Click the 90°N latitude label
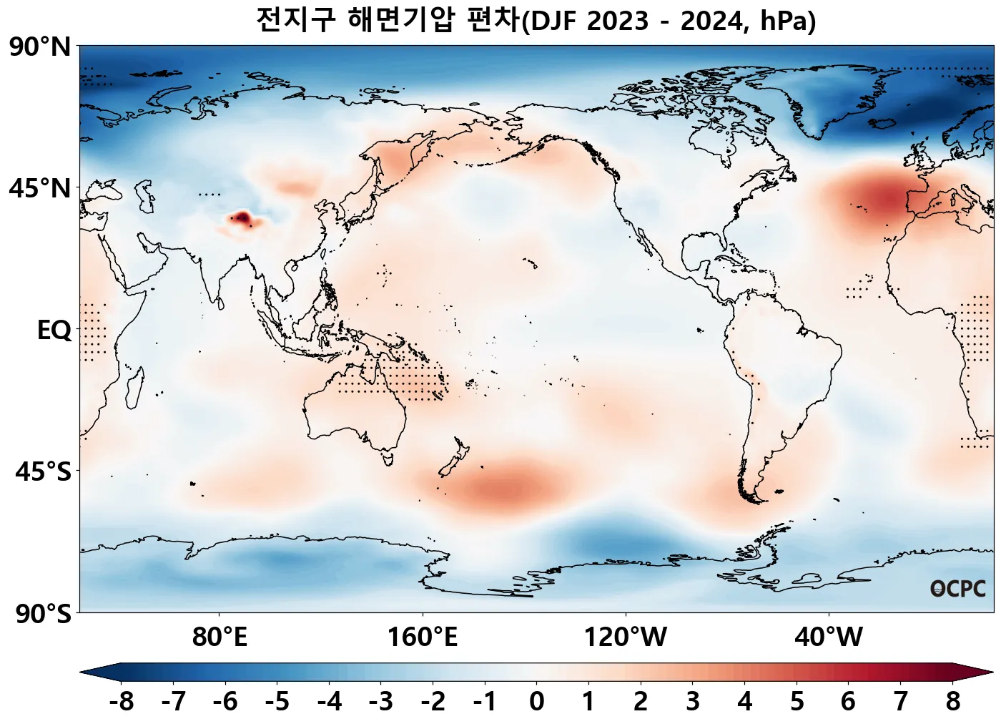click(x=40, y=48)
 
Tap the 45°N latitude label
click(x=40, y=190)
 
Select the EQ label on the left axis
click(x=54, y=331)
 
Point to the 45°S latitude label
click(x=43, y=472)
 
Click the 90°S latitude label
click(x=43, y=614)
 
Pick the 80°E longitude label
click(x=220, y=637)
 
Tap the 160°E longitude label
click(x=423, y=637)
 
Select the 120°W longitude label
click(x=626, y=637)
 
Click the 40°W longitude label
click(x=829, y=637)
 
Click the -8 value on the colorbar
click(x=122, y=702)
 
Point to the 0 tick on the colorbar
click(x=537, y=702)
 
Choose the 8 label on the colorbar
click(x=952, y=702)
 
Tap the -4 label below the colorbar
click(x=329, y=702)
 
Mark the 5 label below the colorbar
click(x=797, y=702)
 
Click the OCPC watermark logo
click(x=958, y=589)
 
